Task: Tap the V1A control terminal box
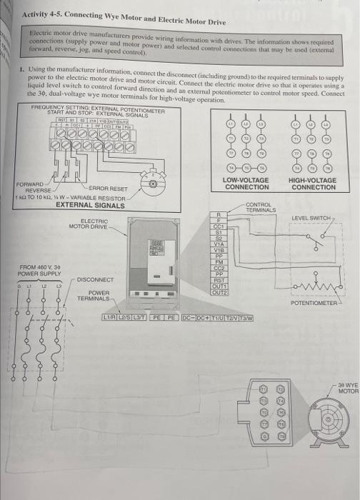pyautogui.click(x=220, y=242)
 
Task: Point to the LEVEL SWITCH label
pyautogui.click(x=314, y=217)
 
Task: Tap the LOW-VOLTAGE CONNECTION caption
pyautogui.click(x=246, y=184)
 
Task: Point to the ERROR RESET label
pyautogui.click(x=108, y=189)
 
